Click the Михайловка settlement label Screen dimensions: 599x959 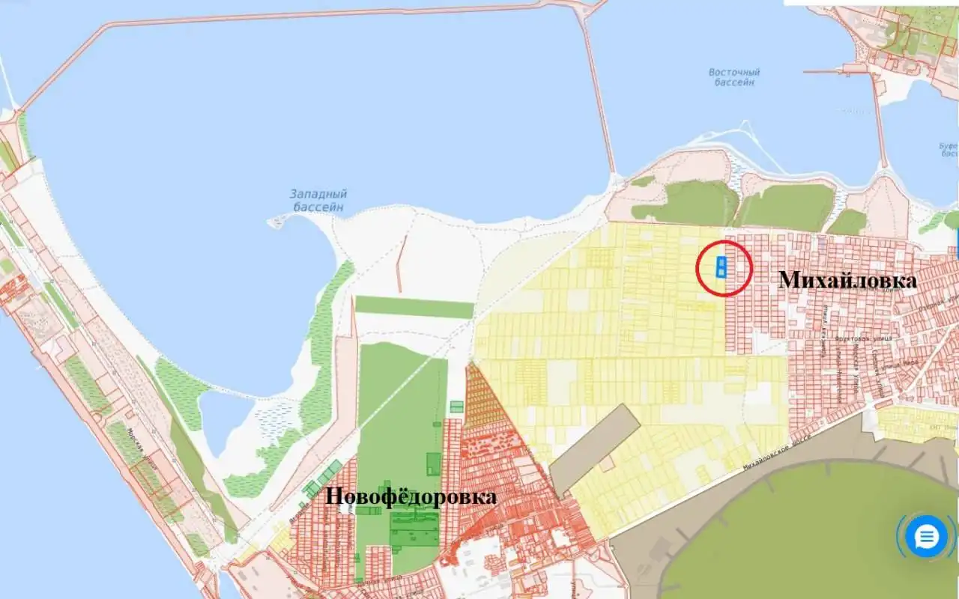tap(847, 281)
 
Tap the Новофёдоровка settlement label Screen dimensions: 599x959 tap(411, 496)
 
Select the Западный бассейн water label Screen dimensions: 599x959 tap(318, 200)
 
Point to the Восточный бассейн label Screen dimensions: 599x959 tap(734, 77)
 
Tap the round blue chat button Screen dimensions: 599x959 tap(927, 536)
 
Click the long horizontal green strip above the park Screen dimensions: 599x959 tap(414, 307)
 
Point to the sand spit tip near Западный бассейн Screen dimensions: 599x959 tap(273, 222)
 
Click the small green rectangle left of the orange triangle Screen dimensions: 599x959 tap(456, 407)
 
